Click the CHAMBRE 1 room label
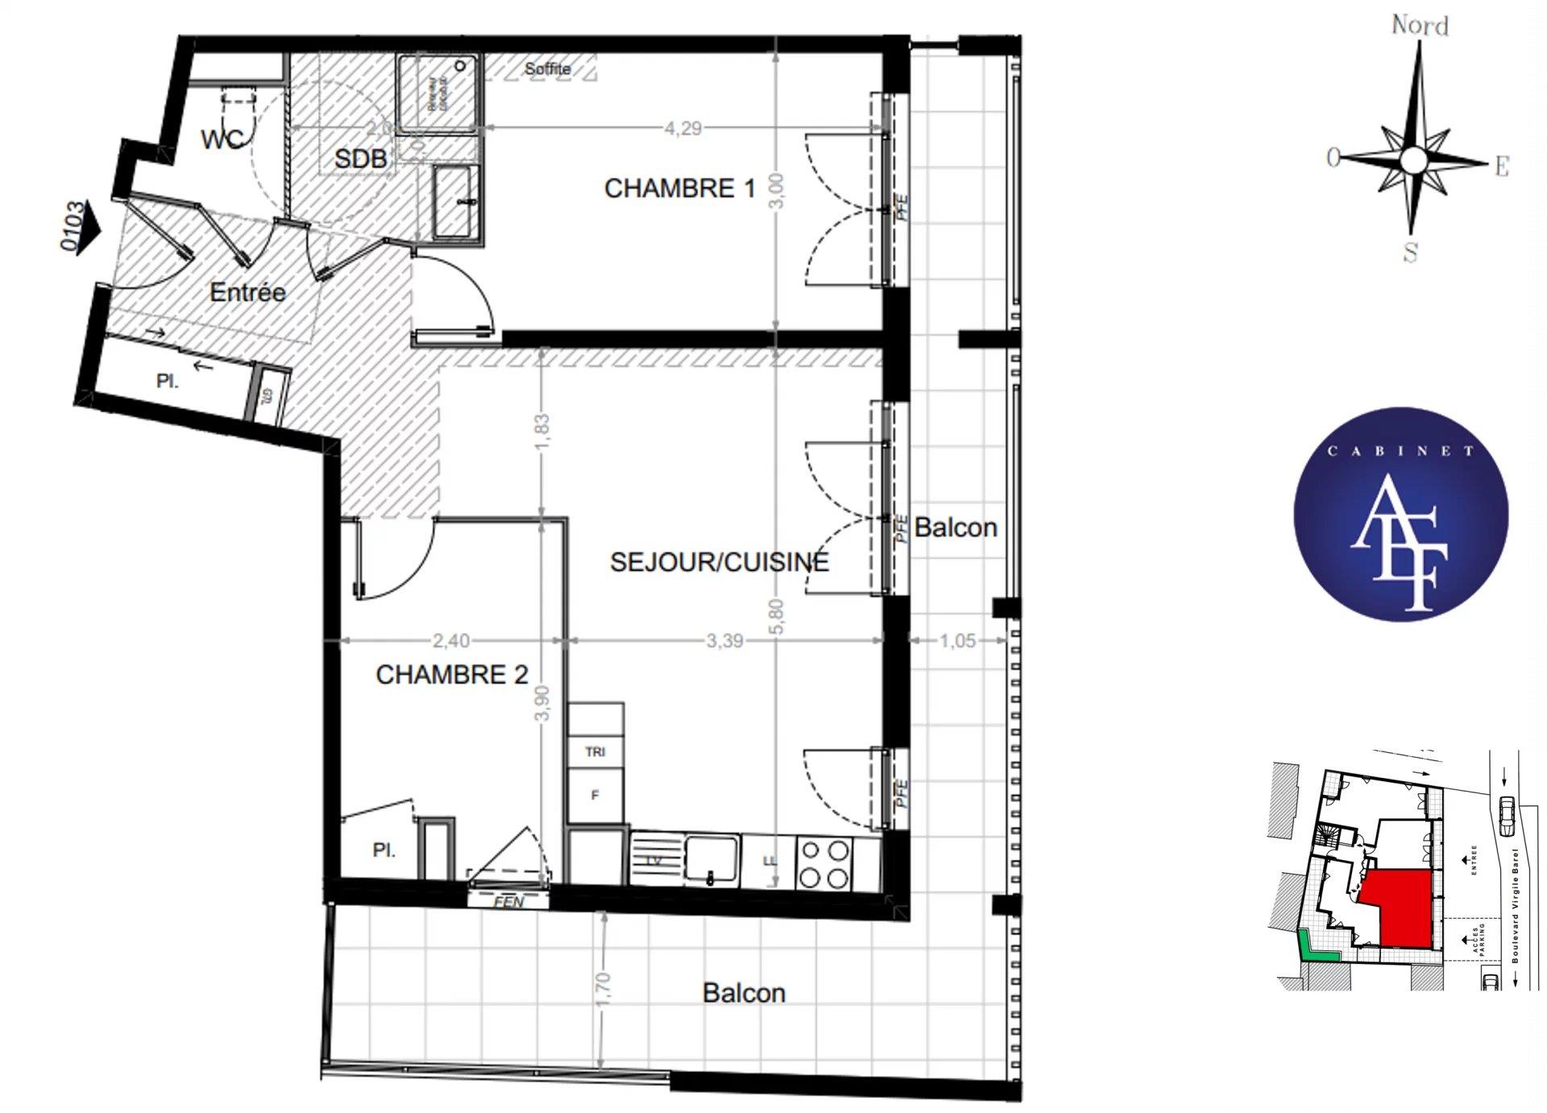pyautogui.click(x=679, y=188)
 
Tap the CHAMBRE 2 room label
pyautogui.click(x=451, y=674)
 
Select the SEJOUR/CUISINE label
pyautogui.click(x=719, y=561)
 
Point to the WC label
pyautogui.click(x=222, y=139)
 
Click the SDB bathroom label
pyautogui.click(x=360, y=159)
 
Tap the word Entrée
pyautogui.click(x=247, y=292)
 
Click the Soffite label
pyautogui.click(x=548, y=69)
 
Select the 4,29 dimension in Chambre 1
pyautogui.click(x=682, y=128)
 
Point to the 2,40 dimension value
pyautogui.click(x=450, y=641)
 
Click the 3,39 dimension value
pyautogui.click(x=724, y=641)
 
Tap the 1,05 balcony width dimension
pyautogui.click(x=957, y=641)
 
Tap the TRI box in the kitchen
pyautogui.click(x=595, y=752)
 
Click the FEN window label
pyautogui.click(x=508, y=902)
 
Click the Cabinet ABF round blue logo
pyautogui.click(x=1400, y=515)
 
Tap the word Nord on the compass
pyautogui.click(x=1420, y=26)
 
